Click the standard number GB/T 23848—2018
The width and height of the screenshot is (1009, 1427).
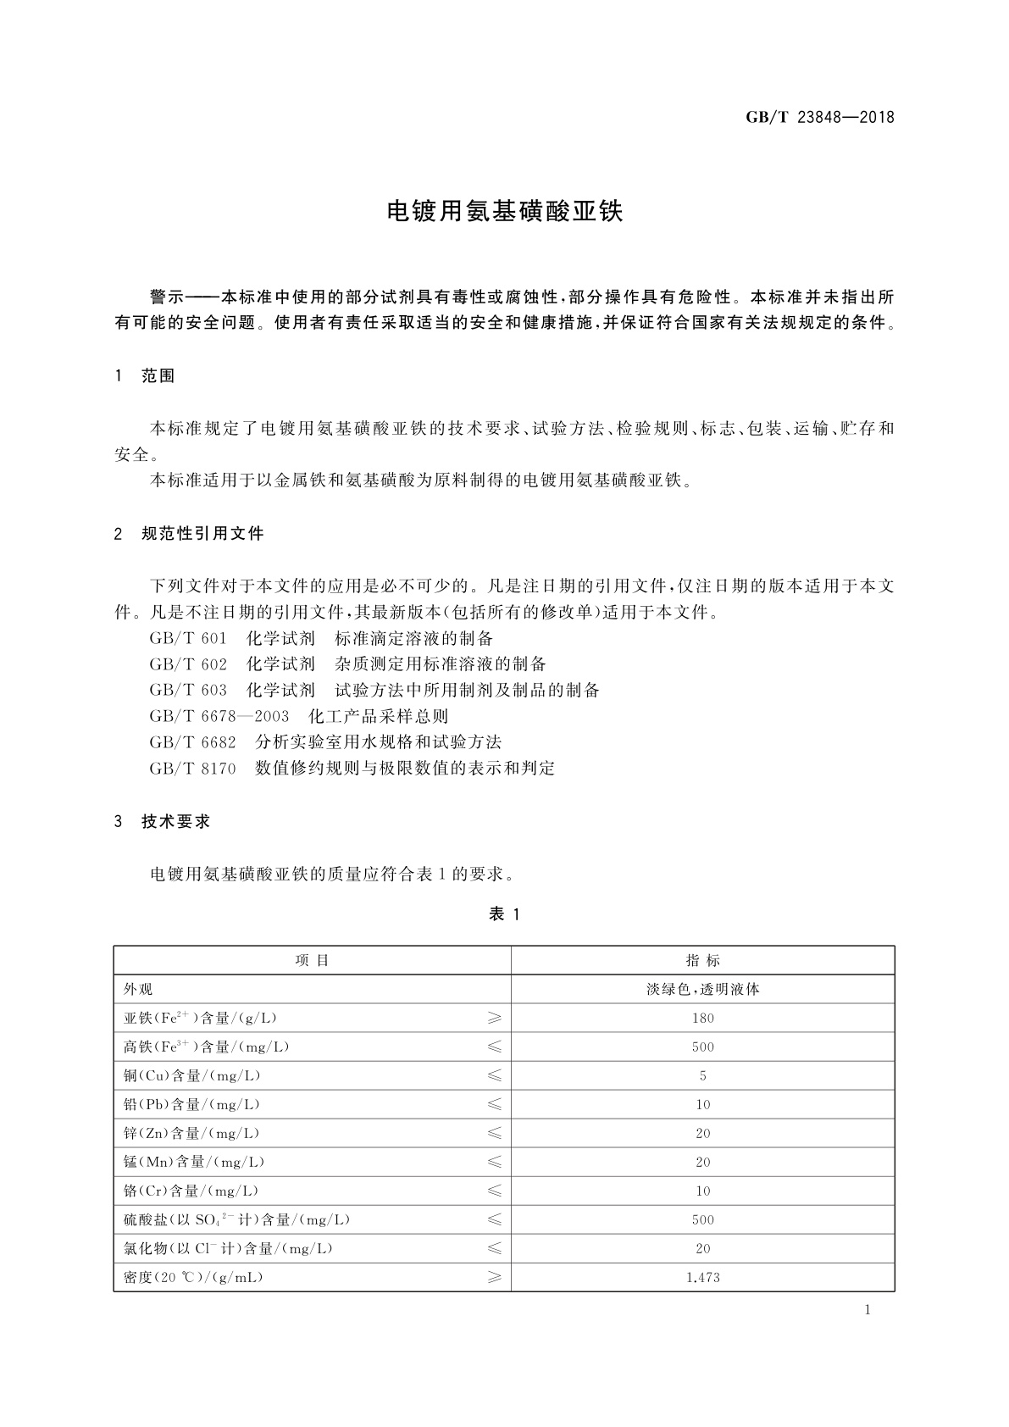point(819,118)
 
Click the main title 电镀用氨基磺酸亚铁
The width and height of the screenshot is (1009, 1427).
point(504,211)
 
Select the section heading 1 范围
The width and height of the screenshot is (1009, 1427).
point(145,376)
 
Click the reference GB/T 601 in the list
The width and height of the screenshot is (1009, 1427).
point(188,639)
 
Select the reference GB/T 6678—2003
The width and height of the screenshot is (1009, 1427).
point(219,717)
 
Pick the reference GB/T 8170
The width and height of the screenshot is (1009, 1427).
point(192,769)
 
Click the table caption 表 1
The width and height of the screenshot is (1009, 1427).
point(504,914)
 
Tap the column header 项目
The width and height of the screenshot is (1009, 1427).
point(312,961)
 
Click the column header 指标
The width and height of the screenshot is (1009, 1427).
point(702,961)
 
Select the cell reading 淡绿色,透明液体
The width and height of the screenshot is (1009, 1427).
point(702,990)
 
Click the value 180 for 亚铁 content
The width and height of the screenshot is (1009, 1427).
point(702,1019)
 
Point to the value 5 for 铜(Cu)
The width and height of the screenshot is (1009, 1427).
point(702,1076)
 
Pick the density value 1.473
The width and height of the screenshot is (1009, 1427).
point(702,1278)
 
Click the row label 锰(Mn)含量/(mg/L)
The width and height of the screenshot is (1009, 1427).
point(194,1163)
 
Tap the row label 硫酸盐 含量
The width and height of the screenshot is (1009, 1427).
point(236,1220)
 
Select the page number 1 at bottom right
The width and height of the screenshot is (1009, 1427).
point(868,1310)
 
